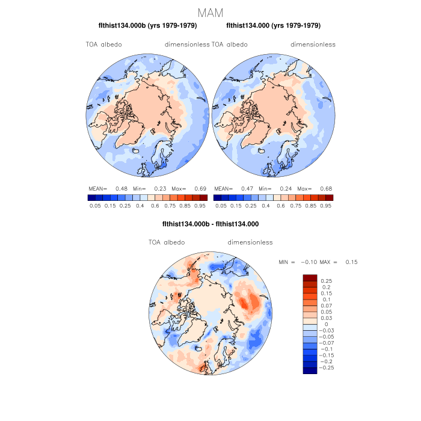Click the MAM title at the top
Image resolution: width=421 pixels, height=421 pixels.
click(210, 13)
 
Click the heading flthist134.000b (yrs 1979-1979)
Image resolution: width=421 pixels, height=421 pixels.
click(147, 26)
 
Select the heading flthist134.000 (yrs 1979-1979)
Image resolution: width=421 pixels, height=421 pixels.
click(274, 26)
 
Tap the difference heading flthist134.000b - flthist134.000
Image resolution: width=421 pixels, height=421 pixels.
click(210, 224)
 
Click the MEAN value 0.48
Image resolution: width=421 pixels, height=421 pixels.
click(121, 188)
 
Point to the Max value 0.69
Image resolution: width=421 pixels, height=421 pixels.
click(200, 188)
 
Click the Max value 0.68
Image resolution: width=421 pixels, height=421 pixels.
click(327, 188)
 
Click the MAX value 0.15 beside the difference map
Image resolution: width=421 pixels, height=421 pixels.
click(351, 262)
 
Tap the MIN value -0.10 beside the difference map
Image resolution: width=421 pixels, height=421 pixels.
click(309, 262)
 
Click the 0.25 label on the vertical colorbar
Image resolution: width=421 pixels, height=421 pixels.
click(327, 281)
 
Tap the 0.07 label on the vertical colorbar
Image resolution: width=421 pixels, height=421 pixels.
click(327, 306)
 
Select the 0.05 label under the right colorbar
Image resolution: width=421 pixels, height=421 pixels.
click(221, 205)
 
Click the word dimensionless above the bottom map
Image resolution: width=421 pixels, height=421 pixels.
click(250, 242)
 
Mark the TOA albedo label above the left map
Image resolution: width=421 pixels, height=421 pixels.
click(103, 45)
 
